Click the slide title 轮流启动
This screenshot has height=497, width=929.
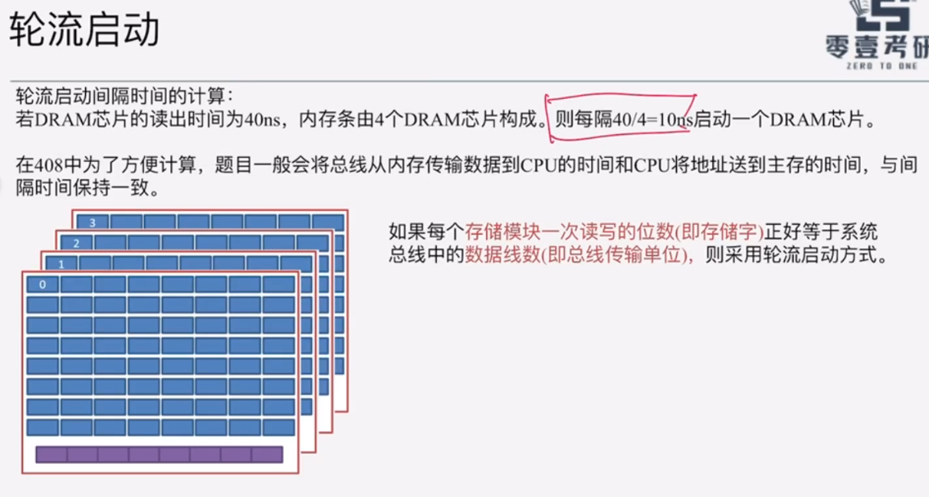84,31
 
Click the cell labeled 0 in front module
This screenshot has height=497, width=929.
42,285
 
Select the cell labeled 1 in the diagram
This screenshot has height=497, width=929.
59,263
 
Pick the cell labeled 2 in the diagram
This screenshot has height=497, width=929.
76,243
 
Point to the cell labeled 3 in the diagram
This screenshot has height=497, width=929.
92,222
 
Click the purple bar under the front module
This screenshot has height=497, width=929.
159,454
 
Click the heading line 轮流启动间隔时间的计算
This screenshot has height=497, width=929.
123,97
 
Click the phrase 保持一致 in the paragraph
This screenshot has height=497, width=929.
112,188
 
